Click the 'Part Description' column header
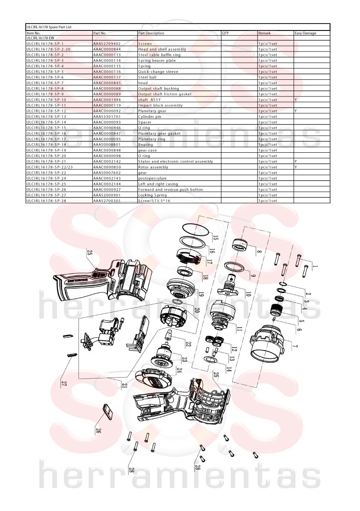(151, 33)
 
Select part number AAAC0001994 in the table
(107, 100)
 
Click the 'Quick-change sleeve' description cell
(158, 72)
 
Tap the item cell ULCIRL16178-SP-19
(46, 150)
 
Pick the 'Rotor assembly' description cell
(153, 167)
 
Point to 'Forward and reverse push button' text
(170, 190)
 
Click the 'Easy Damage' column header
(305, 33)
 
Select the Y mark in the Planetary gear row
(296, 111)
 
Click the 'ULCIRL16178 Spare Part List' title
(49, 27)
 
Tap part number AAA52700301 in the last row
(107, 201)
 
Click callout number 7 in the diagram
(295, 346)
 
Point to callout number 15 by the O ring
(215, 237)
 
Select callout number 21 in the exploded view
(124, 386)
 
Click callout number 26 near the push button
(98, 430)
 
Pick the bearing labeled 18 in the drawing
(186, 271)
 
